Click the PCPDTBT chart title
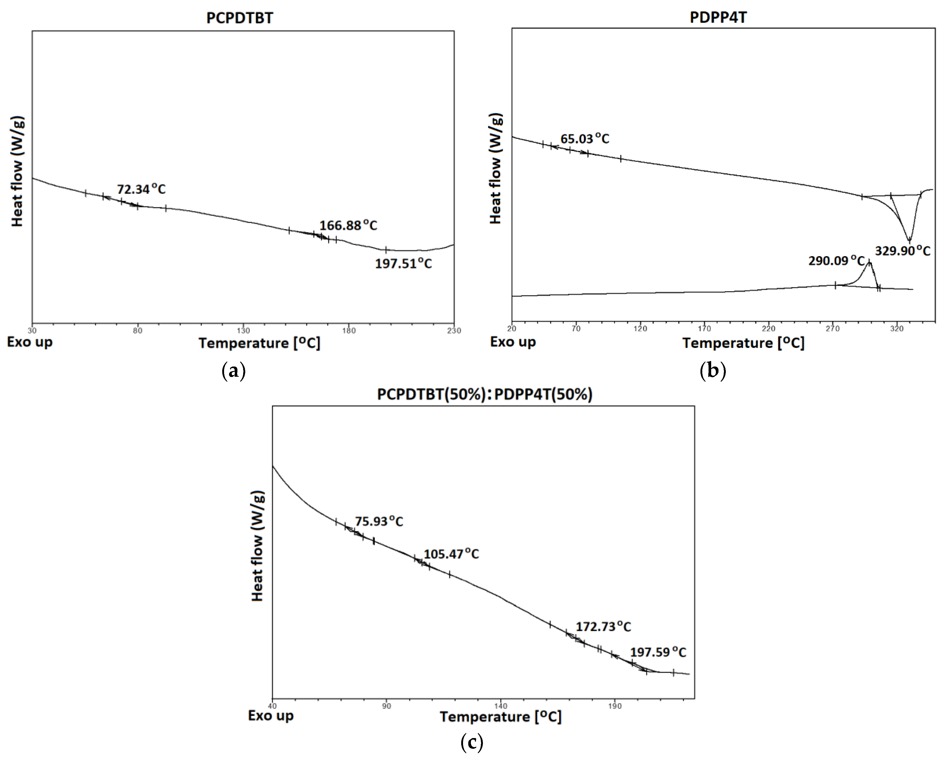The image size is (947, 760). [239, 18]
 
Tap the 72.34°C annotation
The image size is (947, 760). [141, 189]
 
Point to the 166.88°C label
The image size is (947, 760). [348, 225]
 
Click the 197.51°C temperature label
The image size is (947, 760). [403, 264]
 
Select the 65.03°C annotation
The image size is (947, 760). [585, 139]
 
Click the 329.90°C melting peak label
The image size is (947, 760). [902, 251]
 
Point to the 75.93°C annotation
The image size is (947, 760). [379, 522]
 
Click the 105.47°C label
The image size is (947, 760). [451, 554]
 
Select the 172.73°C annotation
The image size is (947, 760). [603, 626]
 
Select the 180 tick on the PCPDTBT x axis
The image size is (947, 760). [349, 331]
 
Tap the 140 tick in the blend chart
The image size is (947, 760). [501, 706]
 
